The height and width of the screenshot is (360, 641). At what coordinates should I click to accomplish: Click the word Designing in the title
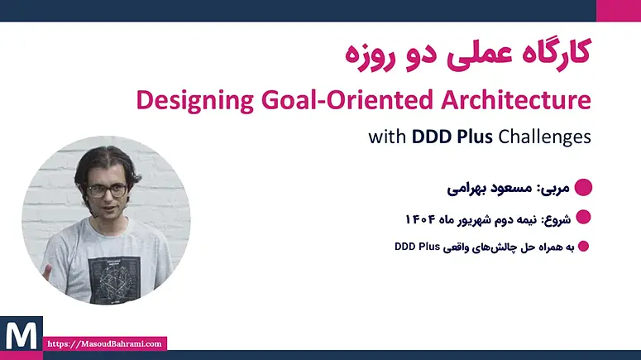point(195,100)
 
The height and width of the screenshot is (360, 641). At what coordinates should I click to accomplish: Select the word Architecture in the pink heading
point(516,99)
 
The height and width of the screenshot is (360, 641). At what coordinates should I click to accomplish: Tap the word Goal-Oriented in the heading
point(347,99)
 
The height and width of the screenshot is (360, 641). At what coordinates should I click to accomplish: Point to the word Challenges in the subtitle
point(544,137)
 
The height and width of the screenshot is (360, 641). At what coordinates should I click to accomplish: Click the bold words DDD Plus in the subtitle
point(452,137)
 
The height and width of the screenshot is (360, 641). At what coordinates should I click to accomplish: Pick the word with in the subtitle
point(387,137)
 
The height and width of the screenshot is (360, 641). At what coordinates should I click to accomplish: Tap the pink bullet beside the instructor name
point(583,187)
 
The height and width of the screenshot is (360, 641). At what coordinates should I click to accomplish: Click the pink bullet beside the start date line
point(583,217)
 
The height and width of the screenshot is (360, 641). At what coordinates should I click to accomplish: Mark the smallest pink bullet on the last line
point(584,247)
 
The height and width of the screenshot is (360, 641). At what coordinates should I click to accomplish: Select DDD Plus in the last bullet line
point(417,247)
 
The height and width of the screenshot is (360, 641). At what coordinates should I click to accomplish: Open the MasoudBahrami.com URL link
point(105,343)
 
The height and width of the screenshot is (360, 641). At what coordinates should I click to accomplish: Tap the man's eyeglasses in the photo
point(107,190)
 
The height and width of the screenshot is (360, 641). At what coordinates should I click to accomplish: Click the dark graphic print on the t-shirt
point(114,277)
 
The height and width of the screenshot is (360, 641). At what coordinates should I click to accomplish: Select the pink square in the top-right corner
point(619,11)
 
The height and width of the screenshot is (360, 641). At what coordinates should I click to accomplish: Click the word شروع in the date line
point(556,219)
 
